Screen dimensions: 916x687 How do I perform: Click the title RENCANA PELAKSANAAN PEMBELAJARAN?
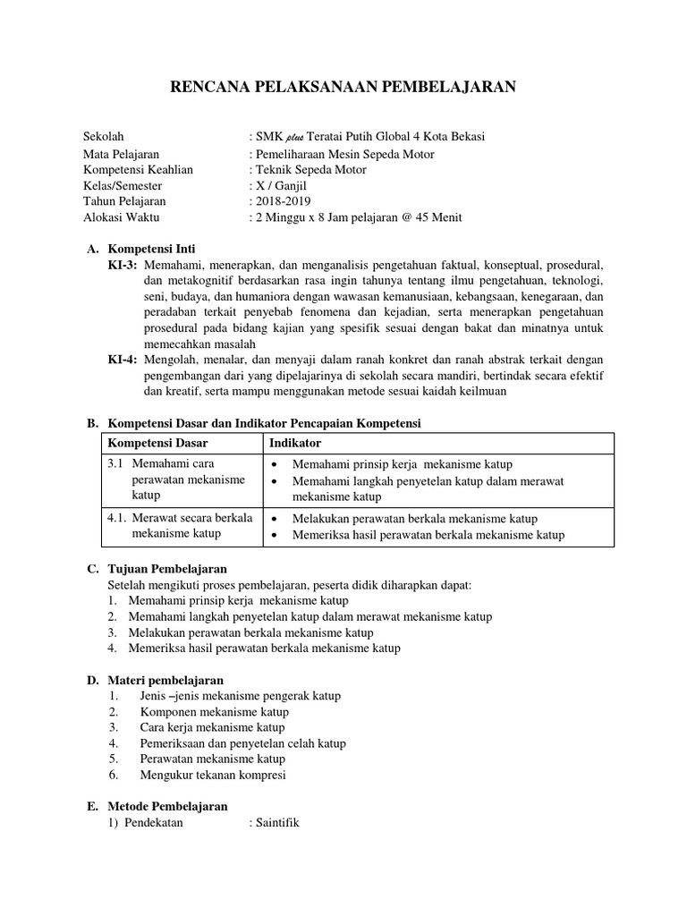[x=343, y=87]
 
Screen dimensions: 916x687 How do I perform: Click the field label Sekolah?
[x=103, y=137]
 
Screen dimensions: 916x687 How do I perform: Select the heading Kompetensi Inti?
[x=151, y=249]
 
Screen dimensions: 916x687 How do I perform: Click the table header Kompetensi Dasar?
[x=157, y=444]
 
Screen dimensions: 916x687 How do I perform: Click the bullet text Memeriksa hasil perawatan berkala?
[x=428, y=535]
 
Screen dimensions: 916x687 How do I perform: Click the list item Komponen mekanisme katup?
[x=214, y=712]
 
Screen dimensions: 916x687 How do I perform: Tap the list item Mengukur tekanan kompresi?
[x=214, y=775]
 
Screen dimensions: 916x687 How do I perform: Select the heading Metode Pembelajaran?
[x=167, y=807]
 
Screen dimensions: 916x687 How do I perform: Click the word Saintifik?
[x=277, y=823]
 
